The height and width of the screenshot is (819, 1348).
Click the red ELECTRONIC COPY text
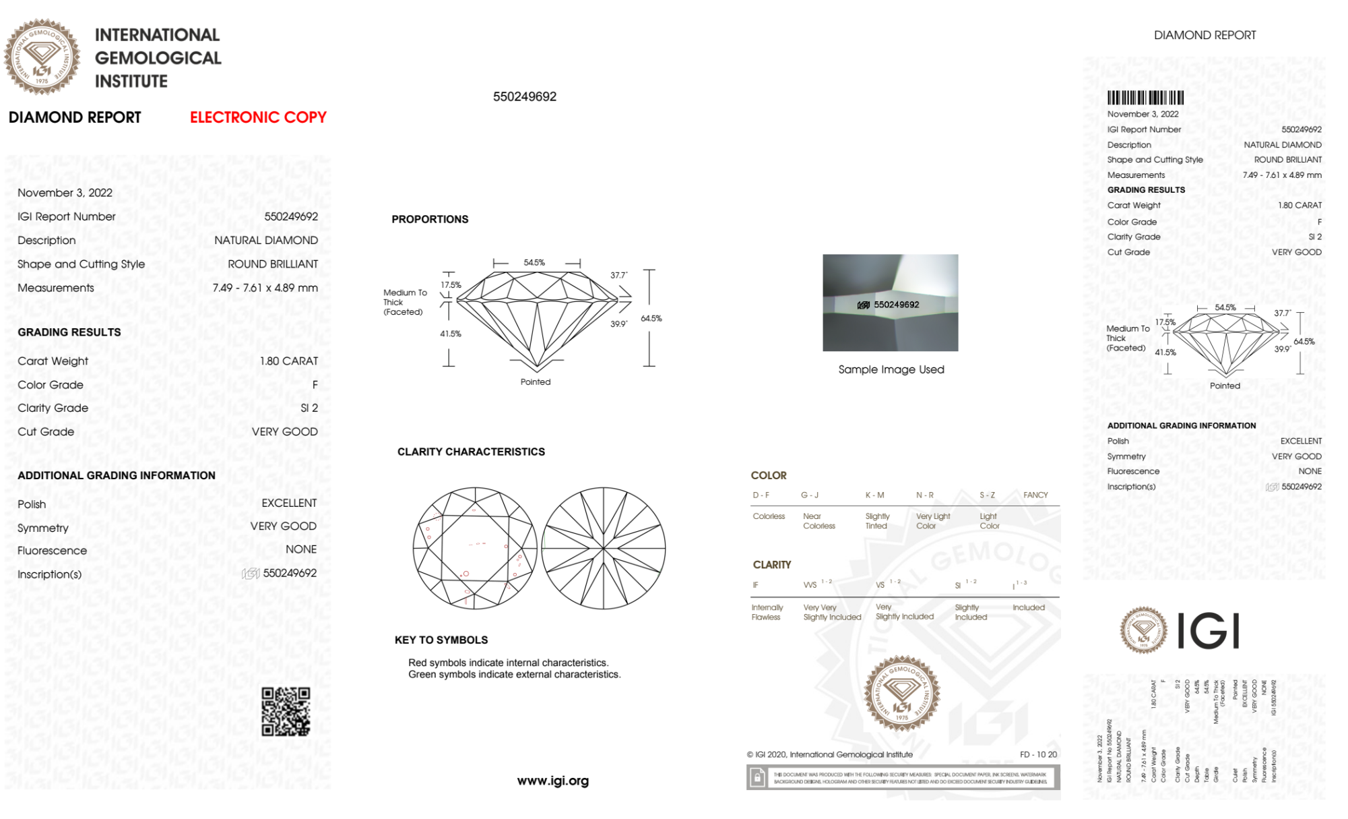click(x=258, y=117)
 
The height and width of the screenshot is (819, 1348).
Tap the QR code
click(x=286, y=711)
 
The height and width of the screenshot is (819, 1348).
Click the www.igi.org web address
click(x=552, y=781)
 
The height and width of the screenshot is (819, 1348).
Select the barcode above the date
click(x=1145, y=98)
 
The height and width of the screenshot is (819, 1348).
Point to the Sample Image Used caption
click(x=891, y=369)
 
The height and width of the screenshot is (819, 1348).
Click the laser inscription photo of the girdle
click(x=890, y=303)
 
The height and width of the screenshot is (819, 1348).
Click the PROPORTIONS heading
click(x=430, y=219)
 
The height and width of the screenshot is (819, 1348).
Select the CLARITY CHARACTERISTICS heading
click(x=471, y=452)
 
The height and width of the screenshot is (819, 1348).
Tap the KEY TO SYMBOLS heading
click(x=441, y=640)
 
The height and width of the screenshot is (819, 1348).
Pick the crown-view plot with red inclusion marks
click(x=475, y=548)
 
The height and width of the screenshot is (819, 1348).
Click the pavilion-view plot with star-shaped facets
click(x=604, y=548)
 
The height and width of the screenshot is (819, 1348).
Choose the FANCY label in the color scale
click(x=1035, y=495)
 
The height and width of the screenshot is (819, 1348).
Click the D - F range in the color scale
click(x=761, y=495)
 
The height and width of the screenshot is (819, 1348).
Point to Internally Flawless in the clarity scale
click(x=767, y=612)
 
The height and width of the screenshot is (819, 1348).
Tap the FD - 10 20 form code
click(x=1038, y=754)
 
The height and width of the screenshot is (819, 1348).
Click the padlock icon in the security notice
click(x=757, y=778)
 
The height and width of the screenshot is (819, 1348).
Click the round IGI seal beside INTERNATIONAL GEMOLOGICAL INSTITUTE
click(x=42, y=57)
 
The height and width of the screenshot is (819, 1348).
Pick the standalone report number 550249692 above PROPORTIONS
click(x=525, y=96)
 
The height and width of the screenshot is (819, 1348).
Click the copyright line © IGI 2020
click(x=829, y=754)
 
